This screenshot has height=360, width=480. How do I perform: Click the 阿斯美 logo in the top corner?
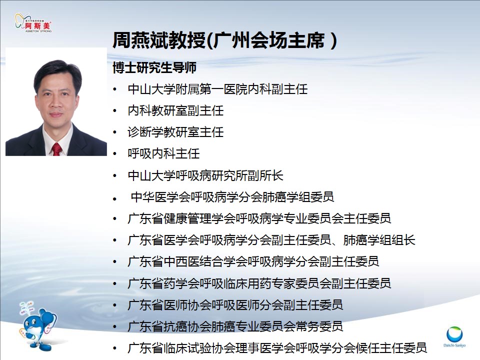click(33, 22)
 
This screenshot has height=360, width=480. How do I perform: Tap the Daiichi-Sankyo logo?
click(454, 336)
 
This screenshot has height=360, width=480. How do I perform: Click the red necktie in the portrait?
click(56, 149)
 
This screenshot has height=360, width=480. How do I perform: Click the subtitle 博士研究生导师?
click(154, 67)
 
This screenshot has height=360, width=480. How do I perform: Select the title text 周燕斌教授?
click(159, 40)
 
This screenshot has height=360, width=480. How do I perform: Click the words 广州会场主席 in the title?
click(269, 40)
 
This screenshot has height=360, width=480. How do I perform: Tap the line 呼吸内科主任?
click(164, 153)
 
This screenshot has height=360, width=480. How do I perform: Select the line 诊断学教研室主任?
click(175, 132)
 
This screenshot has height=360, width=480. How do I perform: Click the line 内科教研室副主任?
click(175, 110)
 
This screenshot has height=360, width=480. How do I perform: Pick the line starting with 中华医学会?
click(232, 197)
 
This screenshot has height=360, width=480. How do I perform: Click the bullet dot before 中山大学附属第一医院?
click(115, 89)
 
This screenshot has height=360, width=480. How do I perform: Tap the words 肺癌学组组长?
click(379, 240)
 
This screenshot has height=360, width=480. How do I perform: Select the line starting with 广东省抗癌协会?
click(235, 326)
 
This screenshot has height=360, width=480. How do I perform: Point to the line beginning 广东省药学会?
click(259, 283)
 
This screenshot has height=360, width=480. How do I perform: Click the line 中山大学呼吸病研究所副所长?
click(205, 175)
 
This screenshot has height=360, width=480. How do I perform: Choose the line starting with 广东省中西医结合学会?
click(253, 261)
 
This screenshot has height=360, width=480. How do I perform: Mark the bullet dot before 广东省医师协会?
click(115, 305)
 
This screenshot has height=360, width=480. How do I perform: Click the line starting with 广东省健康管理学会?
click(259, 218)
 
